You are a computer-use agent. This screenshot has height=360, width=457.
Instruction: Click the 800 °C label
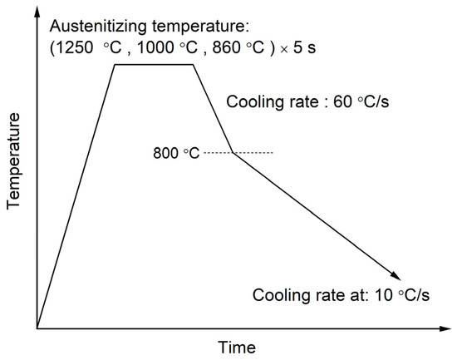pyautogui.click(x=176, y=154)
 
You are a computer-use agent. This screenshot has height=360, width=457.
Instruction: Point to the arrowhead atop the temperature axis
pyautogui.click(x=37, y=10)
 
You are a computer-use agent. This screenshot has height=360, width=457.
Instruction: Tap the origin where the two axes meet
pyautogui.click(x=37, y=328)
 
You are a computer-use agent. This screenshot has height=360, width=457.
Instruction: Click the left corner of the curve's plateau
pyautogui.click(x=115, y=65)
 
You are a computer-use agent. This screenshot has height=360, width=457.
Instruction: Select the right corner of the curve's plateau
pyautogui.click(x=194, y=65)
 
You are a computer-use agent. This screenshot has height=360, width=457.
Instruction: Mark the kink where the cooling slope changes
pyautogui.click(x=232, y=153)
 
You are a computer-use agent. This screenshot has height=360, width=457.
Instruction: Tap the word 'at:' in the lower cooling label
pyautogui.click(x=363, y=295)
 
